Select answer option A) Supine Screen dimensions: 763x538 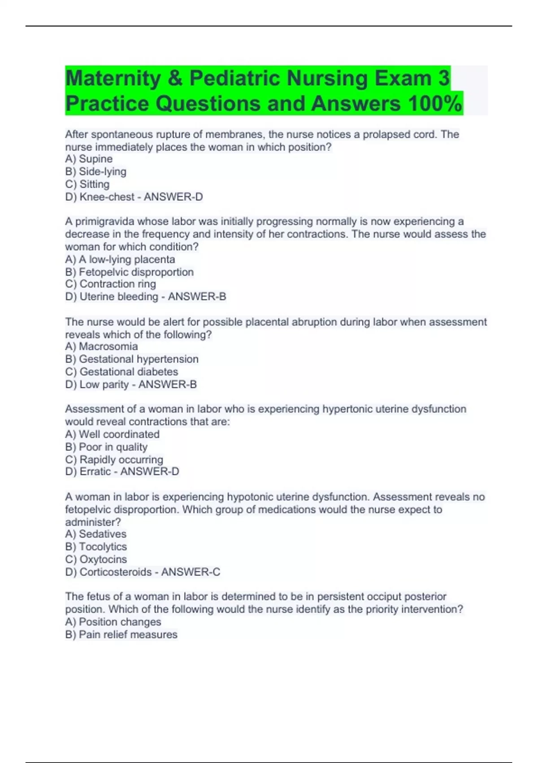click(89, 159)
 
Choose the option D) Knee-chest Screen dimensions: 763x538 click(100, 197)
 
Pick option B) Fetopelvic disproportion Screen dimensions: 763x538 click(129, 272)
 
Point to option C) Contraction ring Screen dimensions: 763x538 click(110, 284)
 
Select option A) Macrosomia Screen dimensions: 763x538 click(101, 346)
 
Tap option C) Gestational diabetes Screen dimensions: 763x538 click(121, 372)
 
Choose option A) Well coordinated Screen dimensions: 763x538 click(112, 434)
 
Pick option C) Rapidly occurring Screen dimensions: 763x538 click(114, 460)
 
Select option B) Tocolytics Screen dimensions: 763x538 click(96, 547)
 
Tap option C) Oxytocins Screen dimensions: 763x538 click(96, 559)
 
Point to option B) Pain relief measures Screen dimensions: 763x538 click(121, 635)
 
